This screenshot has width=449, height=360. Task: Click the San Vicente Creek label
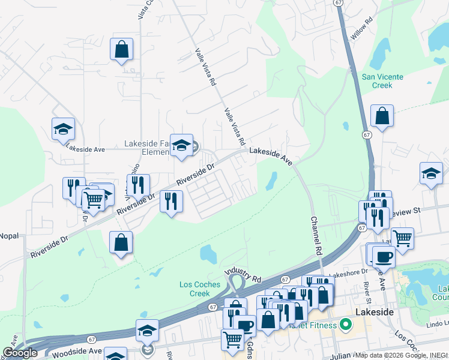tap(382, 81)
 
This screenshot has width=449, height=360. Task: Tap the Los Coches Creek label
tap(195, 289)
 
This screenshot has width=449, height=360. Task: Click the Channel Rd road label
tap(314, 235)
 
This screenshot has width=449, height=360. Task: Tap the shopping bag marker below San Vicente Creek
tap(382, 116)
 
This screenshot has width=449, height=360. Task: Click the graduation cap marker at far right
tap(431, 173)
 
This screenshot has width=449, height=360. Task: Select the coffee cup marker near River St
tap(384, 256)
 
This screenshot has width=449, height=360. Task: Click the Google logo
tap(20, 353)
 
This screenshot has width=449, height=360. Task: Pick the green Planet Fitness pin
tap(345, 326)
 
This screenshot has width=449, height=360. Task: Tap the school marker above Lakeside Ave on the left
tap(62, 128)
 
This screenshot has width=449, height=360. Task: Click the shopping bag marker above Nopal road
tap(121, 242)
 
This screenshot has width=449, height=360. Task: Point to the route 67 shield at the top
tap(339, 3)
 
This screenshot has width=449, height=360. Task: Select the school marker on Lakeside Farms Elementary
tap(181, 145)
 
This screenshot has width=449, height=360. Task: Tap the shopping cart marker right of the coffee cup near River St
tap(402, 238)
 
